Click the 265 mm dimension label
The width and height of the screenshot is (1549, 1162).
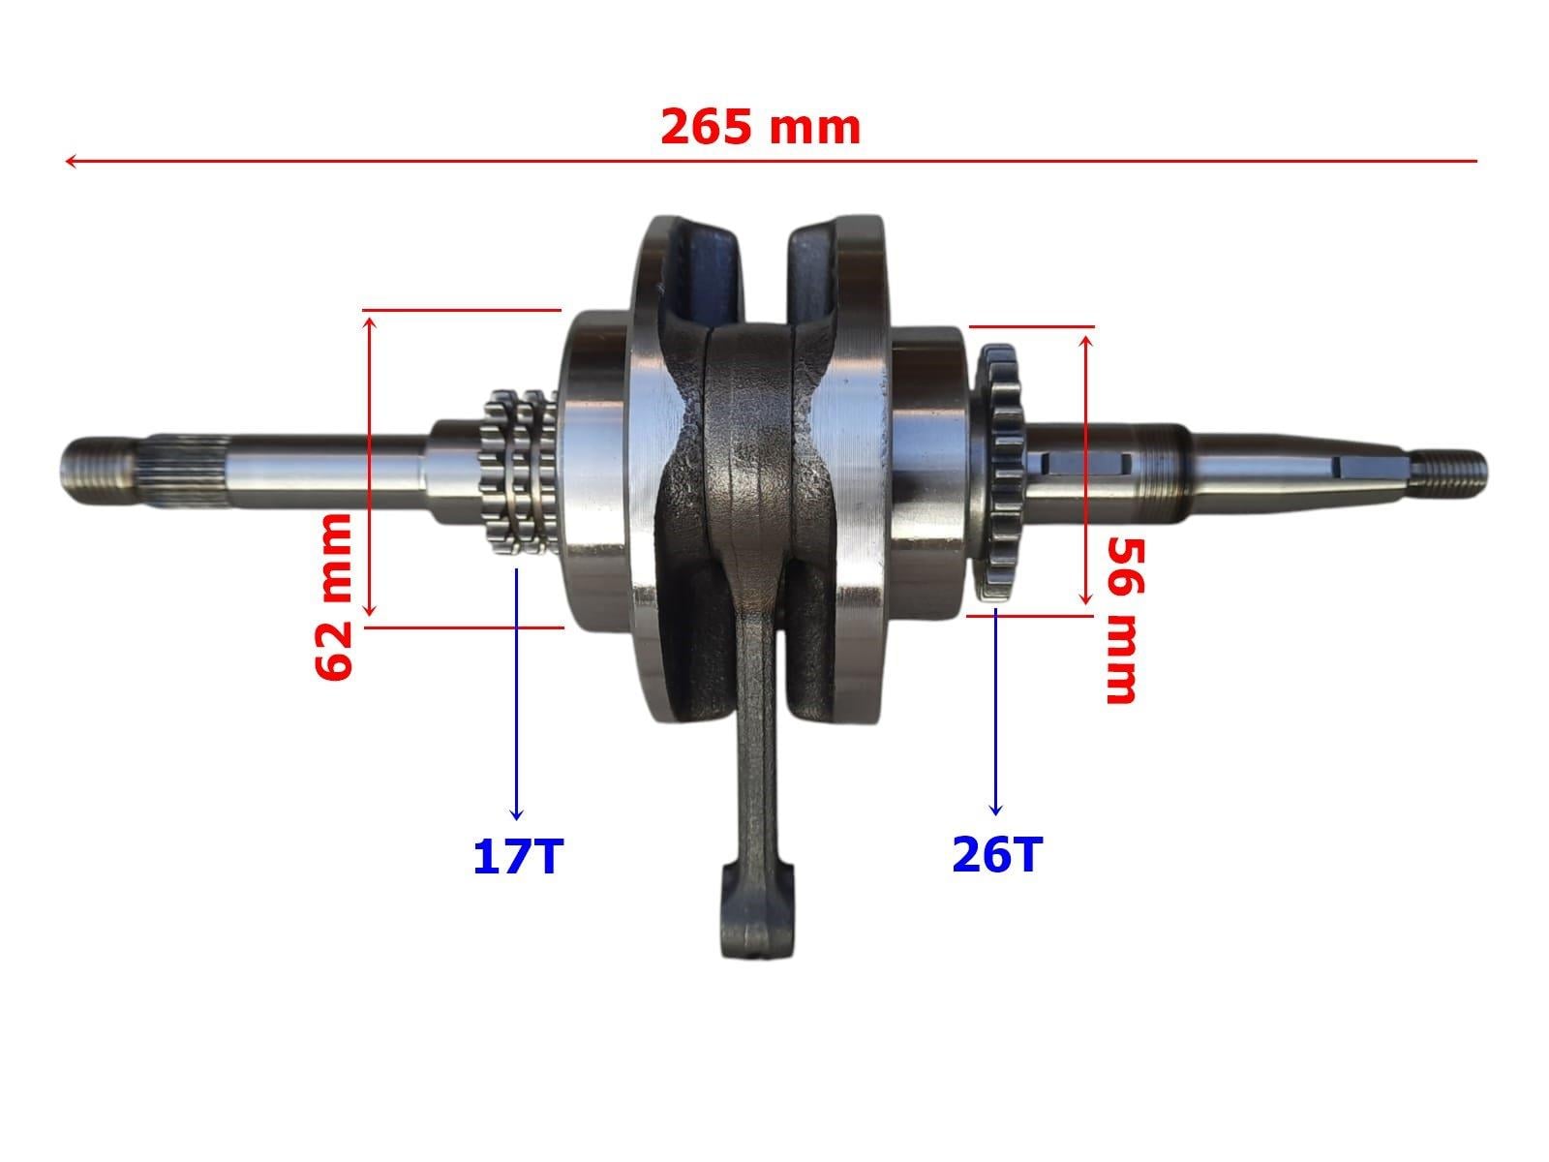[760, 128]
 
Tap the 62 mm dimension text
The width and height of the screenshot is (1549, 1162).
[335, 596]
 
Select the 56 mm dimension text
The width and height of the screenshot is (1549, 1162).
[1121, 620]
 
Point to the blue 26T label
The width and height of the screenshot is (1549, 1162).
[997, 854]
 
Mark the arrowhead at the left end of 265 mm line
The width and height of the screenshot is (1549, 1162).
[70, 161]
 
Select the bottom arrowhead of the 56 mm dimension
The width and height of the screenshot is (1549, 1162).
[1086, 600]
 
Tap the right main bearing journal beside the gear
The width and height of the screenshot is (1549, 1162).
[929, 470]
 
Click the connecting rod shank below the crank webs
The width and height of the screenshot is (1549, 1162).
[755, 736]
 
